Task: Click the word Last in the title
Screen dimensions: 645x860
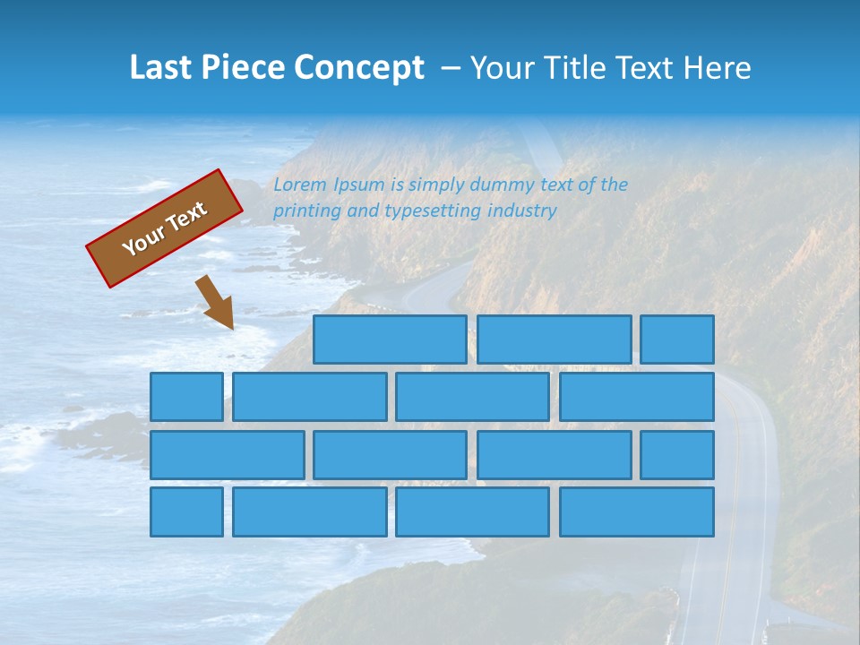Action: pyautogui.click(x=159, y=67)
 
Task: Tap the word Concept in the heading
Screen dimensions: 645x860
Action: pyautogui.click(x=360, y=68)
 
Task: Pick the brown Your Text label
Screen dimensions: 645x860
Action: pyautogui.click(x=165, y=228)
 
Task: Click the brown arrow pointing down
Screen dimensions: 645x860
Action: pyautogui.click(x=216, y=302)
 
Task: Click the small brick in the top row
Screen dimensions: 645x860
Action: pyautogui.click(x=677, y=340)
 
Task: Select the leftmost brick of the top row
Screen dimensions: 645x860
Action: pyautogui.click(x=390, y=340)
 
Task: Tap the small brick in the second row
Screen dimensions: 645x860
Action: pyautogui.click(x=186, y=397)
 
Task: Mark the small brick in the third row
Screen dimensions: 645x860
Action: pyautogui.click(x=677, y=455)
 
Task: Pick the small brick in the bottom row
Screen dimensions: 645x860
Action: pyautogui.click(x=186, y=512)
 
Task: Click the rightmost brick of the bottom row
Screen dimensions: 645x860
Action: pyautogui.click(x=637, y=512)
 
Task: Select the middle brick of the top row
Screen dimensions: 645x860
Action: pyautogui.click(x=555, y=340)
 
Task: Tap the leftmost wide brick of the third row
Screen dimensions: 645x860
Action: pyautogui.click(x=228, y=455)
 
